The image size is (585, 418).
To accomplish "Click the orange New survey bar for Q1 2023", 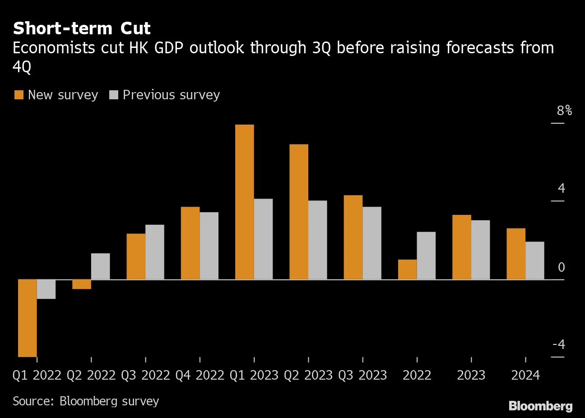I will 245,202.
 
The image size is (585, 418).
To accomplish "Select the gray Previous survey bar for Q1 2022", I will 46,289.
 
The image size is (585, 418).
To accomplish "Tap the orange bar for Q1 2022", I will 27,318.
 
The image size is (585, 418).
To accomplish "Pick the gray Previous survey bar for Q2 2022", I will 100,266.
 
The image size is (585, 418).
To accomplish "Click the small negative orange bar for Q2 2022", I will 82,284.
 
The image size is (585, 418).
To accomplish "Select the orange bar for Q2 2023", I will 299,212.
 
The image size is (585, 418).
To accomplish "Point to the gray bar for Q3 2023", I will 372,243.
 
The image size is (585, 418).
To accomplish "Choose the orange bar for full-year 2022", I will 407,269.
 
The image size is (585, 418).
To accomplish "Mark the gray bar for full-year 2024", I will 535,260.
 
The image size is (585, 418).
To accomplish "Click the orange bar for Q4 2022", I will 190,243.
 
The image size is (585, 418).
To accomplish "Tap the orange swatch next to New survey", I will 19,95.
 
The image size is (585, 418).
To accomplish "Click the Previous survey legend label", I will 171,95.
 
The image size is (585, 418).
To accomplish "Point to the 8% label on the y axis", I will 564,111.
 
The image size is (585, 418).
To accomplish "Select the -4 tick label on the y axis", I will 559,344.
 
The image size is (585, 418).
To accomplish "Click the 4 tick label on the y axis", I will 561,188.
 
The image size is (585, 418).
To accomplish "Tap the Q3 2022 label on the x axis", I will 145,375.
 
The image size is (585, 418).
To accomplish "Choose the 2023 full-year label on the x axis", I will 471,375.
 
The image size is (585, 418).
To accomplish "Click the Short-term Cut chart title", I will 82,28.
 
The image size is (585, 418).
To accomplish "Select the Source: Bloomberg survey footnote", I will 86,401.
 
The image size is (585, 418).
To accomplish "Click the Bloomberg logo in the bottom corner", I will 540,406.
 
